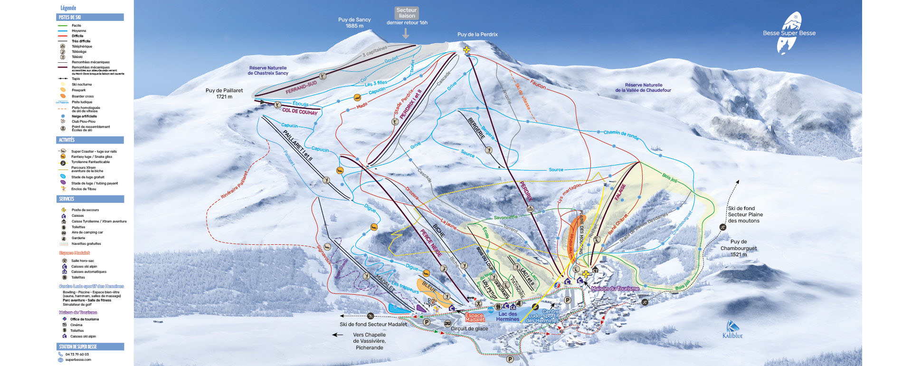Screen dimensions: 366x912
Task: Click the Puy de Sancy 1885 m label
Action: tap(354, 23)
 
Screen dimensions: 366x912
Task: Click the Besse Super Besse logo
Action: tap(789, 33)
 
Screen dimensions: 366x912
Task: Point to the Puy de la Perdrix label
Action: tap(477, 34)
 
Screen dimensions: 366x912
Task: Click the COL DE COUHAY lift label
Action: tap(300, 111)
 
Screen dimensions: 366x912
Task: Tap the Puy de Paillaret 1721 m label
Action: tap(224, 93)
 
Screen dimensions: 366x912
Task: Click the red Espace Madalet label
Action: tap(475, 318)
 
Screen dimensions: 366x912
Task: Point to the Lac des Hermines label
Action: tap(507, 317)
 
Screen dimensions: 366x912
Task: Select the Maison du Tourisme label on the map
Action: tap(615, 289)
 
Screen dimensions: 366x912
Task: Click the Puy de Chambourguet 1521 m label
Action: tap(739, 248)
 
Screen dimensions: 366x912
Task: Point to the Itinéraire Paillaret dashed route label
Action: tap(234, 185)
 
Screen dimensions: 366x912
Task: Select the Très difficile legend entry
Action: tap(81, 41)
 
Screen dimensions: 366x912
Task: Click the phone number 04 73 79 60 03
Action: tap(77, 354)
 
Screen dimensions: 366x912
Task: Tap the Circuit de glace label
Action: tap(469, 328)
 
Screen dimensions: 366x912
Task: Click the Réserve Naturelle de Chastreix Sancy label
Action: tap(268, 70)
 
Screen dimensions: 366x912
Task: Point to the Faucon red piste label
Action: tap(538, 84)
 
